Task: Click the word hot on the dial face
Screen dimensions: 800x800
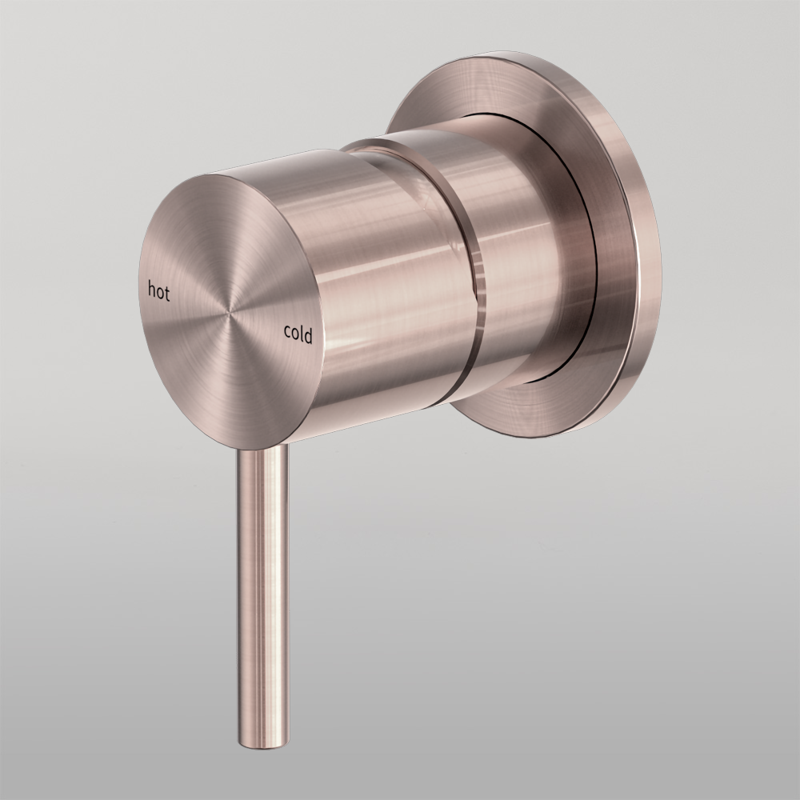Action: (159, 290)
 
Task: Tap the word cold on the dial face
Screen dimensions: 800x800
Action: (298, 334)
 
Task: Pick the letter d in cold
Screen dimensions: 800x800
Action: (308, 336)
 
